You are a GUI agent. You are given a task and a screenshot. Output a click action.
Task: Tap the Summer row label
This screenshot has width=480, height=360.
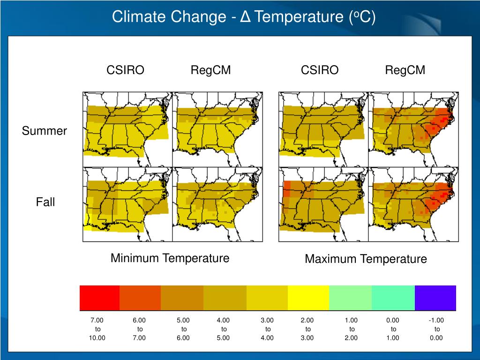(45, 131)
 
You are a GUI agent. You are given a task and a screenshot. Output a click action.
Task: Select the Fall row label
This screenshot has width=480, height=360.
(45, 202)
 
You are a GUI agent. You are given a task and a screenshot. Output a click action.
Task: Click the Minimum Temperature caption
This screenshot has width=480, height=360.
(170, 258)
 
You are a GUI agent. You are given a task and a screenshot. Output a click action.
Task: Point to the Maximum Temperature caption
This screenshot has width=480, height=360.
(366, 259)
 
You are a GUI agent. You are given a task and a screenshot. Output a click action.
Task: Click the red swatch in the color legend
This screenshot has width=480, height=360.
(99, 298)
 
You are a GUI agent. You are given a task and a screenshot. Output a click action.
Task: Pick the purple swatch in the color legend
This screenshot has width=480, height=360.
(435, 298)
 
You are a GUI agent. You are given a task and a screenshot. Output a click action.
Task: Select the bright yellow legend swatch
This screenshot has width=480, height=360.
(308, 298)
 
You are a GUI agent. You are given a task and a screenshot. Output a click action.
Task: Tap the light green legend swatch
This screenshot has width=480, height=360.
(350, 298)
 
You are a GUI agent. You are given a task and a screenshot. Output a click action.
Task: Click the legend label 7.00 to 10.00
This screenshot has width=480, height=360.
(97, 329)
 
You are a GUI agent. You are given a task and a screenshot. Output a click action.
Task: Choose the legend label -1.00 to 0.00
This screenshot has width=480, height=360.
(436, 329)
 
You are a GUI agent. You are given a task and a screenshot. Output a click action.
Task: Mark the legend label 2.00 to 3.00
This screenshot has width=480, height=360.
(307, 329)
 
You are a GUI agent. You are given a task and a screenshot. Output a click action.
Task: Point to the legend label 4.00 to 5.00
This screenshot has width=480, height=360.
(223, 329)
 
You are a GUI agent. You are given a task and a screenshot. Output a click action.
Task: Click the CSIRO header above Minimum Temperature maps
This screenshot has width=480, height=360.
(125, 70)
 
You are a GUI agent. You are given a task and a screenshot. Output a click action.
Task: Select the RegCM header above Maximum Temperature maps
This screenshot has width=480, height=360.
(405, 70)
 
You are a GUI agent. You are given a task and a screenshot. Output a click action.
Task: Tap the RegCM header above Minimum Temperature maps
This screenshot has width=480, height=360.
(210, 70)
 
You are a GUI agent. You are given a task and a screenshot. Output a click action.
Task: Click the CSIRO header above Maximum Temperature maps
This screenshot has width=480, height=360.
(320, 70)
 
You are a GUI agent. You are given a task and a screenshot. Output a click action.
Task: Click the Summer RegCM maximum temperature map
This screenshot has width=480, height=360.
(413, 129)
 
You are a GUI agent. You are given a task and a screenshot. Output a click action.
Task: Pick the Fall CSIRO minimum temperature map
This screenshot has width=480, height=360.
(127, 204)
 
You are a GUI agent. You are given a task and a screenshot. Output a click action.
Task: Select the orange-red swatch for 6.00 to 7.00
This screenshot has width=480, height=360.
(140, 298)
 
